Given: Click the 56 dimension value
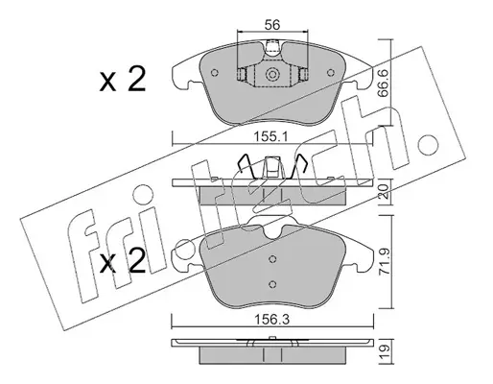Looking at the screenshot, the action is point(272,25).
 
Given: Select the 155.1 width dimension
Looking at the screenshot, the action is point(271,137).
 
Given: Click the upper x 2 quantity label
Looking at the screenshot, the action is point(123,80).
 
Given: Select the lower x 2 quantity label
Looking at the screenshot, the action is point(123,261).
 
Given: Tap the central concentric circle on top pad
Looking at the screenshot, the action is point(272,75).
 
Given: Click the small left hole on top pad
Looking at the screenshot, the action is point(215,73).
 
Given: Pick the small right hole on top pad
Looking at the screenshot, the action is point(330,73).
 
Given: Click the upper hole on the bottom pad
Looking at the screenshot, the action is point(272,258).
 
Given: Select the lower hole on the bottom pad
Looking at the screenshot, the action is point(272,283).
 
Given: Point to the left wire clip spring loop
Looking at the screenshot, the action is point(246,166).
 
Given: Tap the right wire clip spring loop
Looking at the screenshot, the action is point(299,166).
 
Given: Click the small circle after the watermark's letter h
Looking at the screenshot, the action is point(425,143).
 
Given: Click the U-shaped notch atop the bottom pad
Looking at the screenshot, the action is point(272,233).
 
